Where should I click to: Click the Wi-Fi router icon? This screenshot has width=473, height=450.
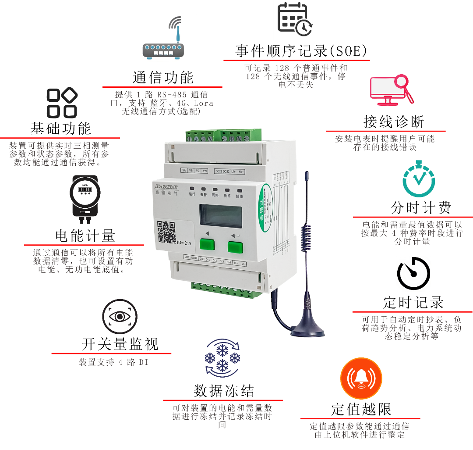pyautogui.click(x=163, y=38)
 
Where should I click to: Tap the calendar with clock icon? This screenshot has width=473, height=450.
pyautogui.click(x=295, y=20)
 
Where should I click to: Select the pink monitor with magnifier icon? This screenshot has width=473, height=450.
pyautogui.click(x=392, y=89)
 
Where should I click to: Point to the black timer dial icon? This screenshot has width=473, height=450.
pyautogui.click(x=413, y=273)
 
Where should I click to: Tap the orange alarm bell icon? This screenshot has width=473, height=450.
pyautogui.click(x=361, y=379)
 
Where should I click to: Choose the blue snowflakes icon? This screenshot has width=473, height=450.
pyautogui.click(x=222, y=358)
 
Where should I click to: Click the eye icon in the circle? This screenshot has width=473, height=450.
pyautogui.click(x=120, y=317)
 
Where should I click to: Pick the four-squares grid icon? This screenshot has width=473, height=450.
pyautogui.click(x=62, y=104)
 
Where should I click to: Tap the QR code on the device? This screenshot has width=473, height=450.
pyautogui.click(x=166, y=232)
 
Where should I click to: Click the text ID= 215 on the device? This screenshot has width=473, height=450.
pyautogui.click(x=184, y=243)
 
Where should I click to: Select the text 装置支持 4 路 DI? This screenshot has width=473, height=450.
pyautogui.click(x=113, y=363)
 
